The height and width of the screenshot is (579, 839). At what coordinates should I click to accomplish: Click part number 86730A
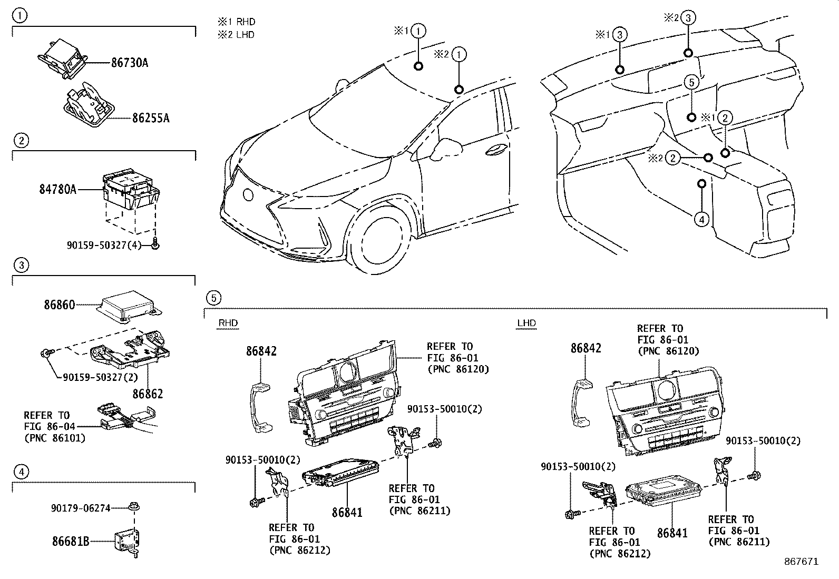coord(129,63)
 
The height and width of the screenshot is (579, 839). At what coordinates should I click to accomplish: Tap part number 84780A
coord(57,189)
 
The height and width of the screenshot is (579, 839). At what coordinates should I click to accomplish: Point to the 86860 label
coord(59,305)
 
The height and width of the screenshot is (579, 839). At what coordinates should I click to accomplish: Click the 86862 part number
coord(148,394)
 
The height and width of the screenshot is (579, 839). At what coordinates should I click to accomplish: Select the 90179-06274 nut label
coord(81,508)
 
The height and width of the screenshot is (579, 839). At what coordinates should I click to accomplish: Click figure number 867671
coord(801,562)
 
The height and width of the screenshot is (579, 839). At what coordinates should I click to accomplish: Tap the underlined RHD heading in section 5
coord(228,323)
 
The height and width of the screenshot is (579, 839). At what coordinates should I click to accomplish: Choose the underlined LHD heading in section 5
coord(526,323)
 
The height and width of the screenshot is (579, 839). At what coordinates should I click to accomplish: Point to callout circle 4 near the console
coord(701,218)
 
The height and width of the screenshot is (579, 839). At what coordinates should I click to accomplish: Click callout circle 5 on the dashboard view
coord(692,82)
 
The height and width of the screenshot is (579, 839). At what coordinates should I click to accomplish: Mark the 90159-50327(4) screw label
coord(104,245)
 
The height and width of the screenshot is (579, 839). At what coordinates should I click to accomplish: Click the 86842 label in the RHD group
coord(261,351)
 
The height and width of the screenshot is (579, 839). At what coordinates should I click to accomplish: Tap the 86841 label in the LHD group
coord(672,533)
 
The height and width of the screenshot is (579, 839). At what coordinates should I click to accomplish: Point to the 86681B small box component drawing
coord(126,539)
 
